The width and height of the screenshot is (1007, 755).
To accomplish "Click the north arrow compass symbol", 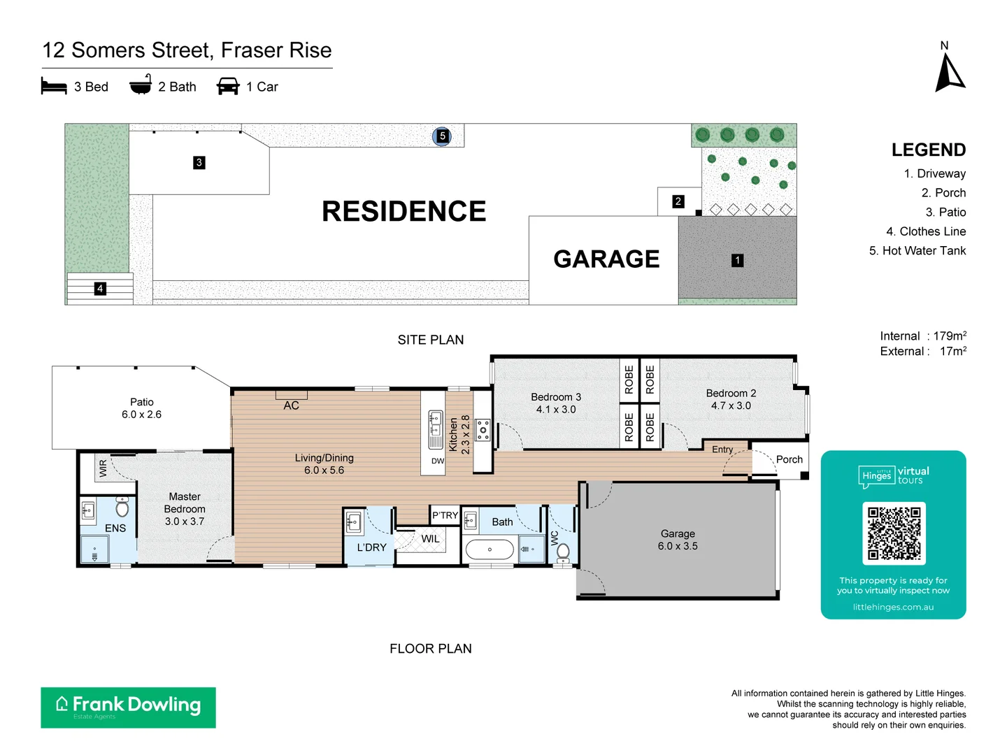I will coord(950,73).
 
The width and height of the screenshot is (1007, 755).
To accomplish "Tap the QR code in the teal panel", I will coord(894,533).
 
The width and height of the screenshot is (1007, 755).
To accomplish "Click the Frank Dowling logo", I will coord(128,707).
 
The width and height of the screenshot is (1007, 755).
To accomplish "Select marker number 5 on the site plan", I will coord(442,136).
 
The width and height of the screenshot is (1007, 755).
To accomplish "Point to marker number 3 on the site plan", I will coord(199,163).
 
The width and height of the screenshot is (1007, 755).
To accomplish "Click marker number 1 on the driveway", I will coord(737,260).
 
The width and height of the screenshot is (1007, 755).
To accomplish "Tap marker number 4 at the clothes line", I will coord(100,289).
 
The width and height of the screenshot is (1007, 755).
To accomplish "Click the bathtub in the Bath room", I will coord(490,549).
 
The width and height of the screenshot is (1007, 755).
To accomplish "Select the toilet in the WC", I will coord(563,552).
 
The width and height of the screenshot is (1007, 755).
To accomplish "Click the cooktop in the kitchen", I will coord(483,429).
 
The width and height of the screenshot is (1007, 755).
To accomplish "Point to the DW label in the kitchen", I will coord(438,461).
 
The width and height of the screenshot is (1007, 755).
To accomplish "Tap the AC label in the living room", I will coord(292,405).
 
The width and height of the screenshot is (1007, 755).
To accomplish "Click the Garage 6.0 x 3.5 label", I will coord(678,540).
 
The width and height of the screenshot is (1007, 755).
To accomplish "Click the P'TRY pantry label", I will coord(445,516).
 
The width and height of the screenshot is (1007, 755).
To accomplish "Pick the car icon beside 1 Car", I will coord(228,87).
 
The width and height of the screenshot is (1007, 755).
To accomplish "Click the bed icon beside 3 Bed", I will coord(54,87).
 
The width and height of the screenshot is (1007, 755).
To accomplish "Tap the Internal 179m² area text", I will coord(923,336).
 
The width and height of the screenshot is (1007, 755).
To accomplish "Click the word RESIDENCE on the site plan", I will coord(403,211).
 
